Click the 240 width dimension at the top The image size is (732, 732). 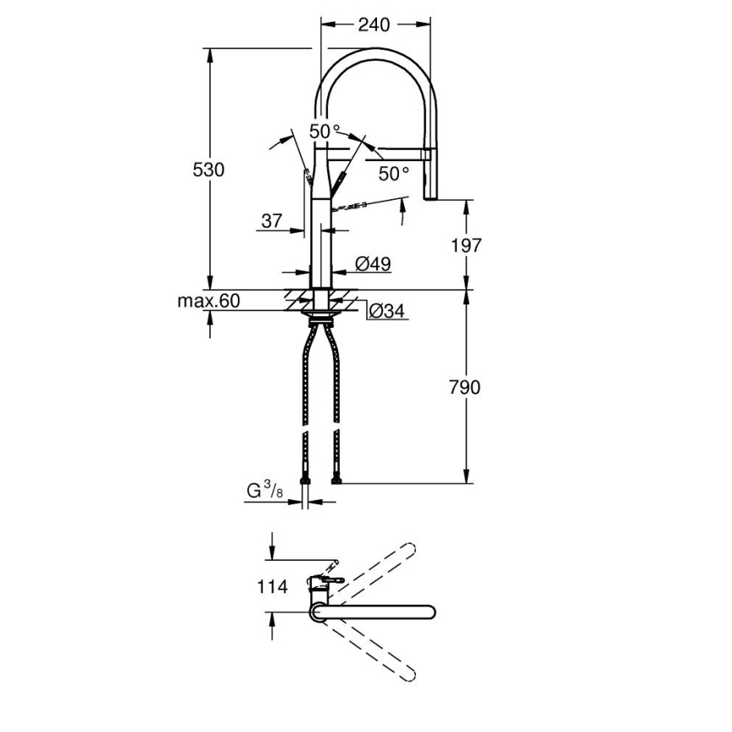tap(374, 25)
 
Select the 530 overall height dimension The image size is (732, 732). tap(208, 170)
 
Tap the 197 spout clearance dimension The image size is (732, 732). tap(466, 245)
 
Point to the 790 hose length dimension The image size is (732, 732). tap(466, 387)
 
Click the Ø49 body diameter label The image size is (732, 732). tap(373, 264)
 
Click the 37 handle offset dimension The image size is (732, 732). tap(271, 221)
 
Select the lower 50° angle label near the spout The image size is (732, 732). tap(393, 174)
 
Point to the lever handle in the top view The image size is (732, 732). tap(331, 580)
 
